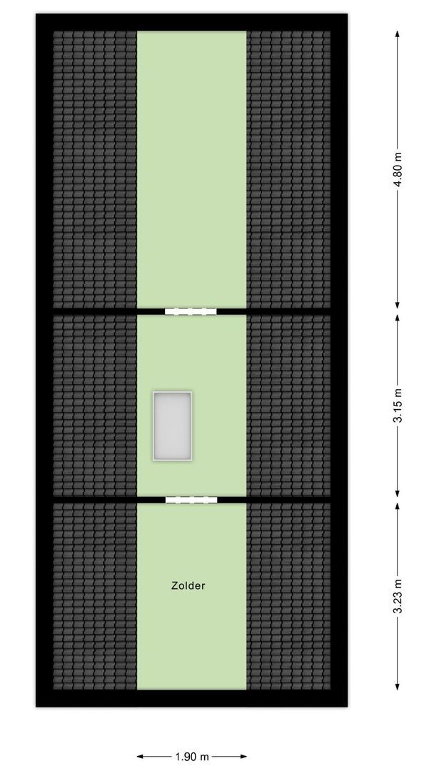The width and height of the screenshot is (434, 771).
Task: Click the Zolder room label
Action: point(188,585)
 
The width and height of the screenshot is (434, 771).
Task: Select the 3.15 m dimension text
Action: point(398,405)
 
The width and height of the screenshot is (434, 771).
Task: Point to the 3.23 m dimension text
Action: point(398,596)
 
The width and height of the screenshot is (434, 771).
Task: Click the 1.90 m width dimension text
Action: point(192,756)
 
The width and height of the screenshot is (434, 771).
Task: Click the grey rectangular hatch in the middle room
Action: point(171,425)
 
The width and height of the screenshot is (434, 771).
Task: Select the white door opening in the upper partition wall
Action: point(191,311)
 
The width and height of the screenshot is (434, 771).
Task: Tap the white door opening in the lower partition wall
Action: point(191,500)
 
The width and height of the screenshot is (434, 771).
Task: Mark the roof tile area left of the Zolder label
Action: point(94,596)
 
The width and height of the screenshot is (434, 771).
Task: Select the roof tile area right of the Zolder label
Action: point(288,596)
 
